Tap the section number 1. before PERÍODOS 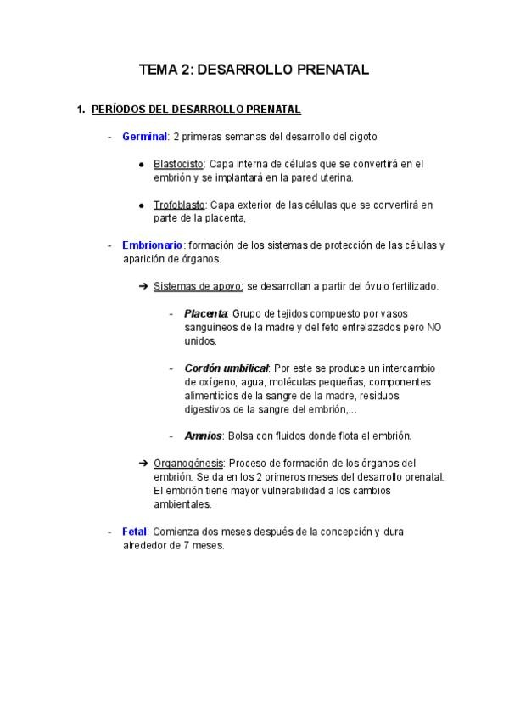tap(81, 110)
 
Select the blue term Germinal tap(144, 137)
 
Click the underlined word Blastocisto tap(179, 164)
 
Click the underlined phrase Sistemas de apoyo tap(199, 287)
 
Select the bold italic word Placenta tap(205, 313)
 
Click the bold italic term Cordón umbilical tap(227, 368)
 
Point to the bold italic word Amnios tap(203, 436)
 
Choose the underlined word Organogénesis tap(188, 463)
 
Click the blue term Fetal tap(135, 532)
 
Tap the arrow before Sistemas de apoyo tap(143, 287)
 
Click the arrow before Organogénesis tap(143, 463)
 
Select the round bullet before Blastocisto tap(143, 164)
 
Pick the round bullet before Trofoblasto tap(143, 205)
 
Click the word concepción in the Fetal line tap(344, 532)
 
